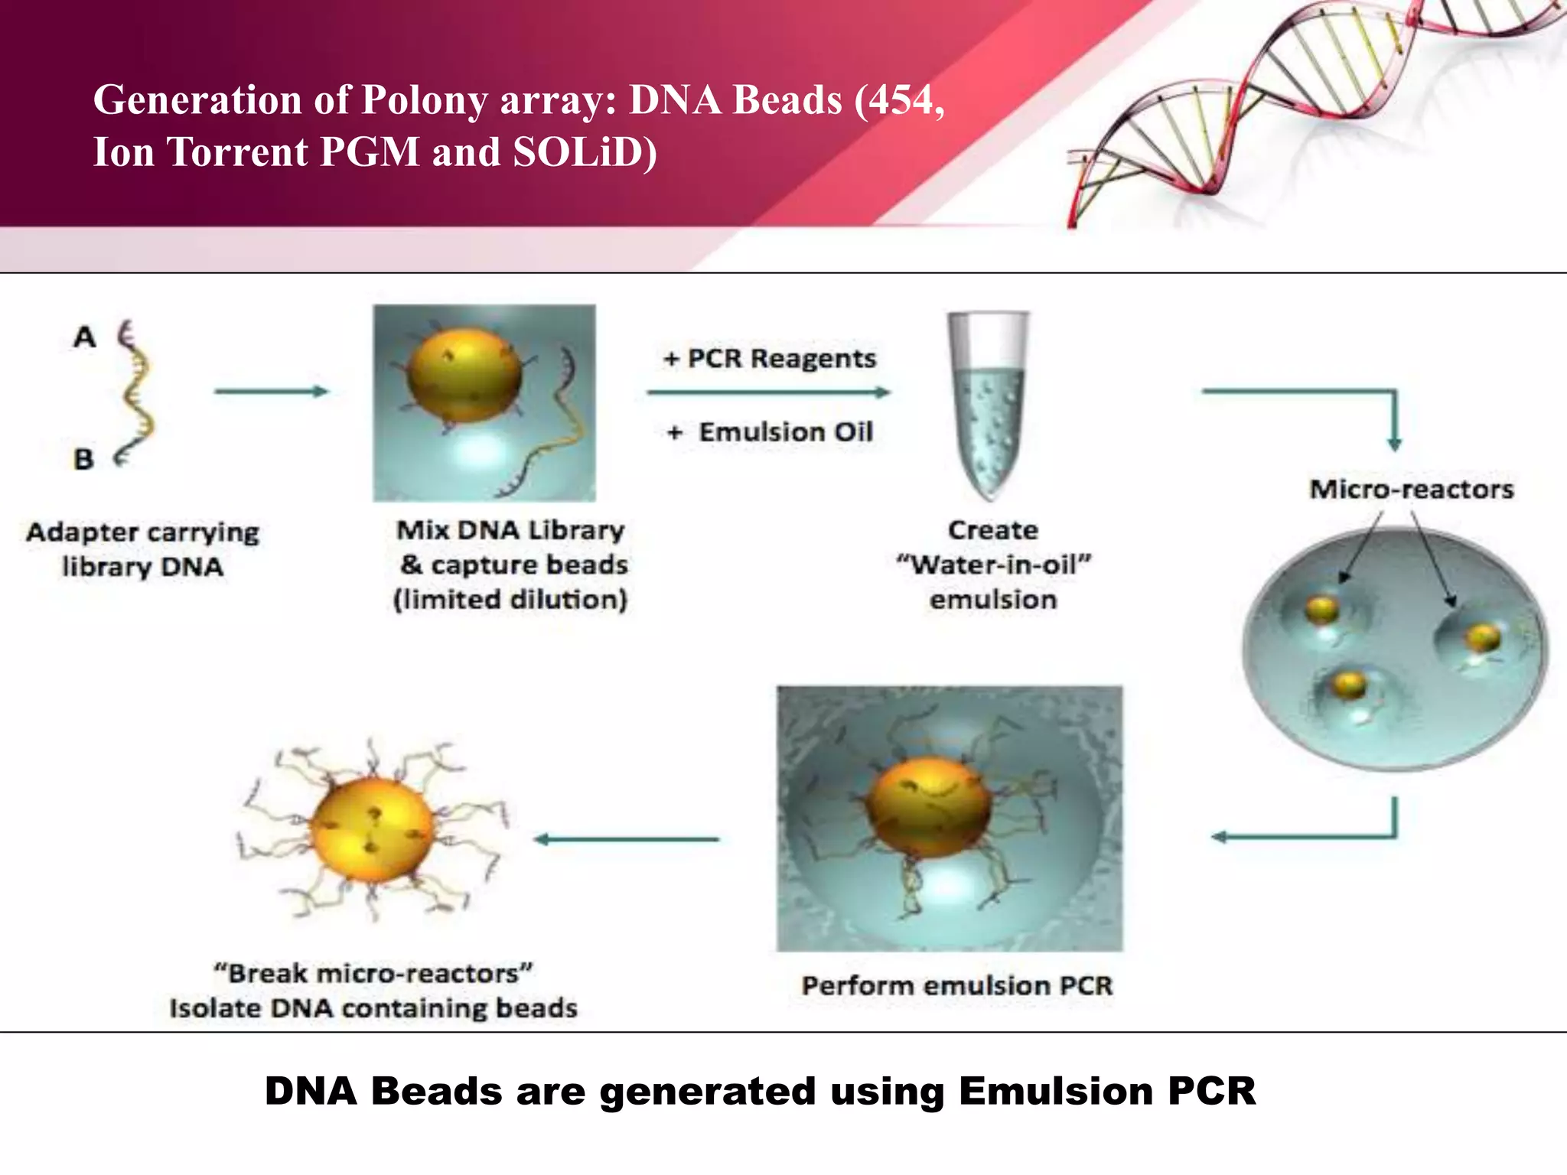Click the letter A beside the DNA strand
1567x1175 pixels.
tap(85, 337)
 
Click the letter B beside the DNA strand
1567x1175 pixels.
tap(83, 460)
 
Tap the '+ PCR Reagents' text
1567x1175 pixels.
tap(770, 359)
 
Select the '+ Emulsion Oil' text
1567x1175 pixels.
tap(770, 432)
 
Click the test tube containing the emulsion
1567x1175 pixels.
tap(989, 405)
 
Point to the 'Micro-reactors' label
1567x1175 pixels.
tap(1411, 490)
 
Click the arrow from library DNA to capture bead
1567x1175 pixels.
tap(271, 392)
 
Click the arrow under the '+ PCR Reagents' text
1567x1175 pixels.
tap(768, 392)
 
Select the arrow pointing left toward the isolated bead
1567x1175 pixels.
tap(627, 839)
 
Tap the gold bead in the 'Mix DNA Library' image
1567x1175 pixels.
tap(464, 376)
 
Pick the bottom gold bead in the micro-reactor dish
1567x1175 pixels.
tap(1348, 684)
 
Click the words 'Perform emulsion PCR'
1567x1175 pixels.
tap(956, 986)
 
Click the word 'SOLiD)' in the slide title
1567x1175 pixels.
tap(585, 152)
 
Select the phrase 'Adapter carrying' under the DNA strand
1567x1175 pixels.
tap(143, 532)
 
